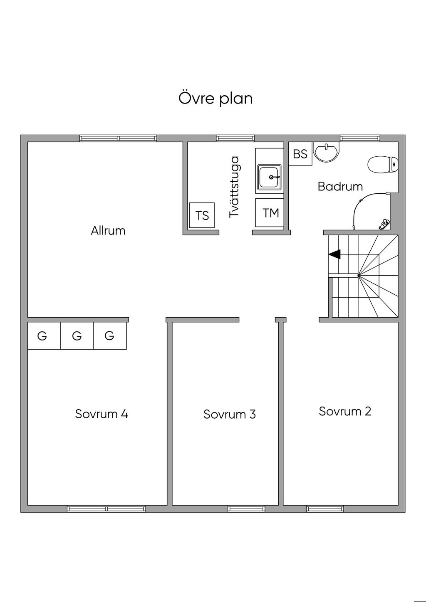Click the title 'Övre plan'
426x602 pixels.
coord(215,99)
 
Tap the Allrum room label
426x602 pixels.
coord(108,231)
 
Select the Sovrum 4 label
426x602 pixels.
coord(102,414)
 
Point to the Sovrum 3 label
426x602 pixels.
coord(229,414)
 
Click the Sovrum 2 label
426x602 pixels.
coord(345,411)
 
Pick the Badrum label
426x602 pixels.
coord(340,187)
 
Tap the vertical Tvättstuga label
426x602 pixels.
coord(234,188)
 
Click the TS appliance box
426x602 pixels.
coord(202,215)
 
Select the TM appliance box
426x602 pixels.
coord(270,213)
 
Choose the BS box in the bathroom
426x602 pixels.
coord(300,154)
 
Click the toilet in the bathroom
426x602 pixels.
coord(383,165)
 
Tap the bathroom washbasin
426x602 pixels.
coord(327,152)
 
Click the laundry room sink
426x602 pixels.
coord(270,177)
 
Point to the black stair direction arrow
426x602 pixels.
coord(334,254)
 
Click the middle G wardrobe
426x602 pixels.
coord(77,336)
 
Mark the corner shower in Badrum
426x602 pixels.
coord(371,212)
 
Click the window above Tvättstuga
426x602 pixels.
coord(235,138)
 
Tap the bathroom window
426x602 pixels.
coord(360,138)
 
